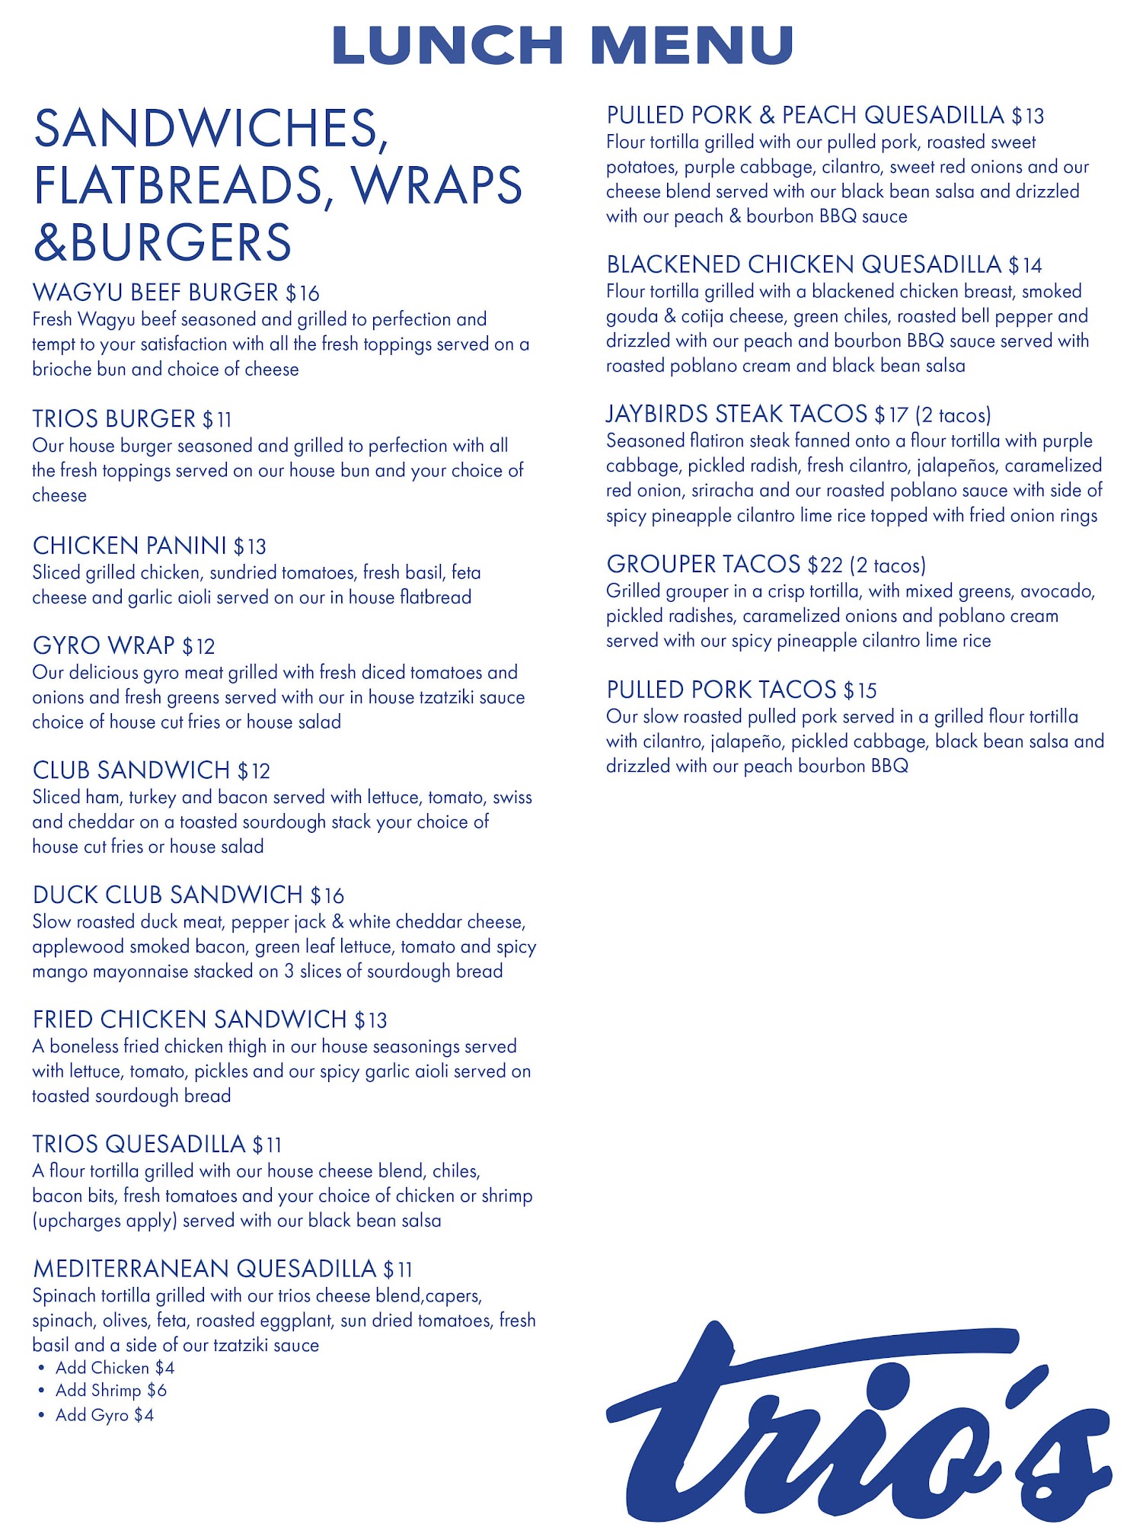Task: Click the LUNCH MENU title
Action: tap(563, 46)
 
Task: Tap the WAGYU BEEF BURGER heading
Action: tap(155, 293)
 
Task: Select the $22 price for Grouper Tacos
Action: tap(825, 565)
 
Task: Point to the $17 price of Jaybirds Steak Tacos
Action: tap(891, 415)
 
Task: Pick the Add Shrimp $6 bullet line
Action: tap(110, 1391)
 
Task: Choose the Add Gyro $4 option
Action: tap(104, 1415)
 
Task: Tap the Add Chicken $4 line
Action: tap(114, 1368)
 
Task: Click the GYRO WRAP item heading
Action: tap(104, 646)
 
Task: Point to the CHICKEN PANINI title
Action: tap(129, 546)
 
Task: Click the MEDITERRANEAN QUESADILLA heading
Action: tap(204, 1269)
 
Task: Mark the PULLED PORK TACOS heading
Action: tap(721, 690)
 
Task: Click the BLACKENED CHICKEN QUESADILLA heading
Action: tap(803, 264)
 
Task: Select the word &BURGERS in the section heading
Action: tap(162, 242)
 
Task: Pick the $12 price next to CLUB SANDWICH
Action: tap(254, 771)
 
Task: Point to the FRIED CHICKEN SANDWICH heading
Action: tap(190, 1020)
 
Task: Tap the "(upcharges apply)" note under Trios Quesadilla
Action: tap(104, 1221)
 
